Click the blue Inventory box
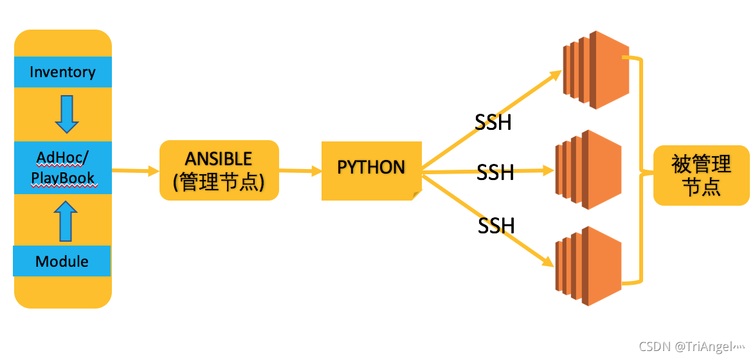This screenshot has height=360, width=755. coord(62,72)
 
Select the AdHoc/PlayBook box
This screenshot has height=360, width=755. coord(63,168)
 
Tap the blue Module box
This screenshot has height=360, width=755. coord(62,261)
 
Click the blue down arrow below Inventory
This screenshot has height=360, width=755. coord(66,114)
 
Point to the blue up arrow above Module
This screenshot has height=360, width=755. coord(64,220)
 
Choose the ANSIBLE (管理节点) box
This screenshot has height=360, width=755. coord(219,170)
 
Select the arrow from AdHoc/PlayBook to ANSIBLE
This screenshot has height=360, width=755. coord(135,171)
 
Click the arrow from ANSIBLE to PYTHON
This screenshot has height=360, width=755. coord(300,171)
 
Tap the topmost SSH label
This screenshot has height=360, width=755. coord(493,122)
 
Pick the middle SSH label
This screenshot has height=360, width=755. coord(495,172)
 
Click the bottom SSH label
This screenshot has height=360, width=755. coord(496,226)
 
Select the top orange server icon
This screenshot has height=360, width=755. coord(595,69)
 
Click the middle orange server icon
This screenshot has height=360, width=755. coord(588,170)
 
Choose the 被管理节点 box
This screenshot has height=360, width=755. coord(701,175)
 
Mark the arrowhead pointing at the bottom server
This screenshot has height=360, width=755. coord(548,262)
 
